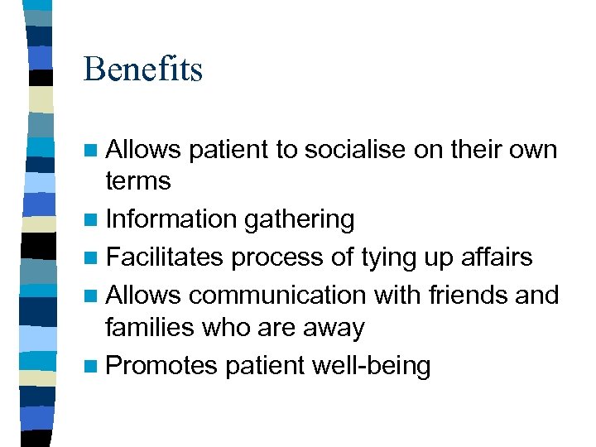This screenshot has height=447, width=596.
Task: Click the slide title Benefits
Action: (x=142, y=70)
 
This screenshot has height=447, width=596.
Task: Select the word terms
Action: (x=137, y=180)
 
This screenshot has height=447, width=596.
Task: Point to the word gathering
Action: (x=299, y=219)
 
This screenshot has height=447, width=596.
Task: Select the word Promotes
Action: (x=161, y=365)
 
